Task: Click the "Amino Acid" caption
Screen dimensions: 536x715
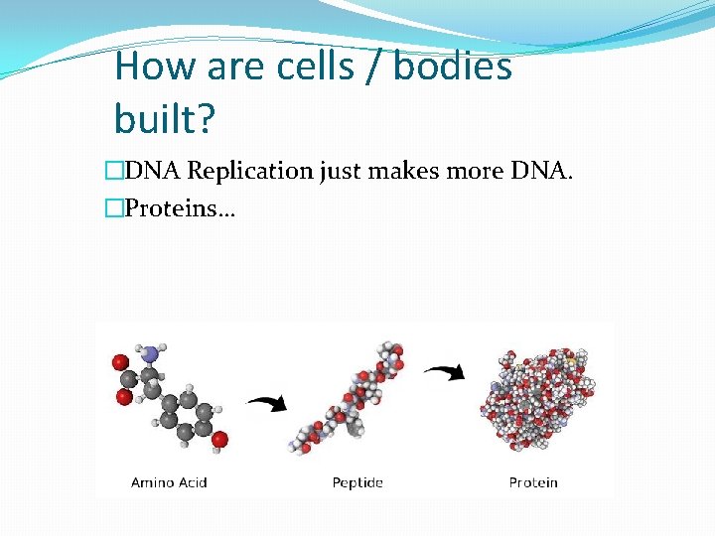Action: click(169, 482)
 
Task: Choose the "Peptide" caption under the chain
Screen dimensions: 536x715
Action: click(357, 482)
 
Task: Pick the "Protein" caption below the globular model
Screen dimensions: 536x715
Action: click(533, 482)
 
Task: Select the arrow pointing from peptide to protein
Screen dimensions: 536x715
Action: click(446, 372)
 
